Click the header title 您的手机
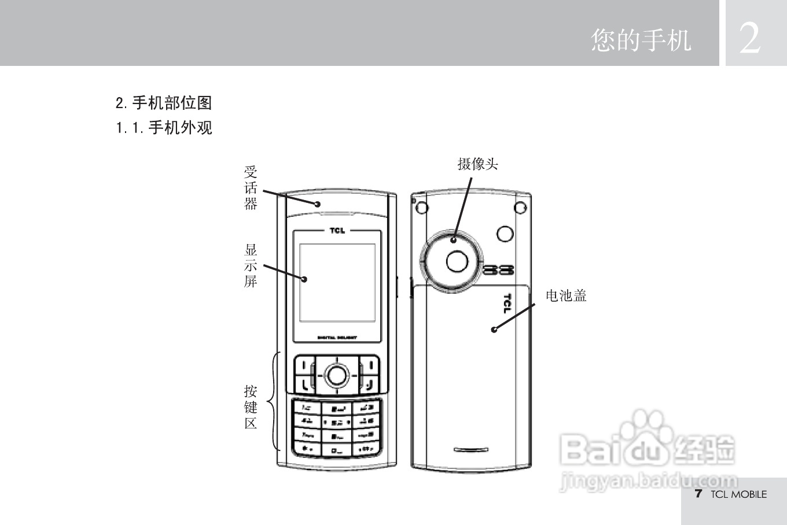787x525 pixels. (641, 40)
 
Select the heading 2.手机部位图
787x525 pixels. (164, 103)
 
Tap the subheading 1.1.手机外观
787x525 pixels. (164, 127)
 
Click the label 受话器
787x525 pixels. (251, 188)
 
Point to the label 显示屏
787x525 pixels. (251, 266)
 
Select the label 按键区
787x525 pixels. (251, 407)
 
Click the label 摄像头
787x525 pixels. (477, 164)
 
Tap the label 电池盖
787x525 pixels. (566, 296)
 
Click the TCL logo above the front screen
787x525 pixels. (337, 231)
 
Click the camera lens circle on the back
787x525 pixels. (457, 261)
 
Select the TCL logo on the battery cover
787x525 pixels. (507, 303)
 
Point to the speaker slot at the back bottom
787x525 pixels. (470, 449)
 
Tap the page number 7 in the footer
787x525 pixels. (698, 494)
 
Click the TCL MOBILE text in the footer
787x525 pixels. (738, 494)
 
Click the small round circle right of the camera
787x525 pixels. (505, 234)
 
